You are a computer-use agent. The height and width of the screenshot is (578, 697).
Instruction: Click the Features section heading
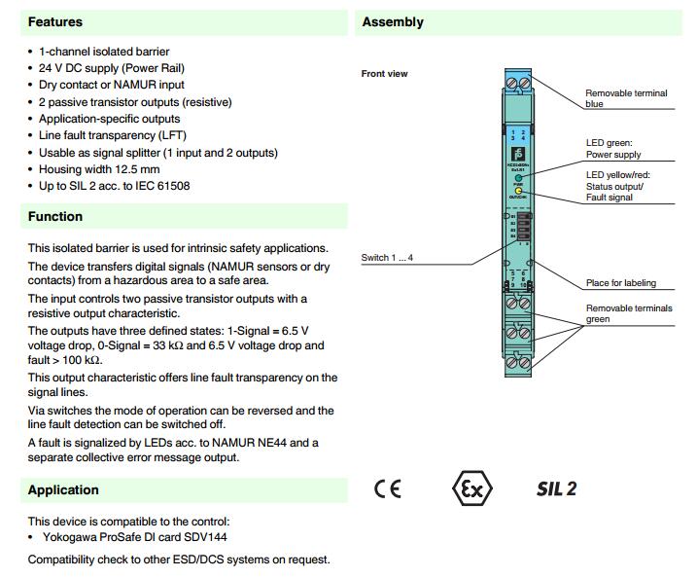[55, 21]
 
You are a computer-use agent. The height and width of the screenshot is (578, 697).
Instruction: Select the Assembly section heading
[393, 21]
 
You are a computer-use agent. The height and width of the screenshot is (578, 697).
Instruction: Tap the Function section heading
[55, 216]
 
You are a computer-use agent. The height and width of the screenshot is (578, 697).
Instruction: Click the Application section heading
[63, 489]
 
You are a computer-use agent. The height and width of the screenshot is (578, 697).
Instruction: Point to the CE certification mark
[387, 488]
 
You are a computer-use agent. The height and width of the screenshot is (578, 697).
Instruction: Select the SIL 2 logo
[556, 488]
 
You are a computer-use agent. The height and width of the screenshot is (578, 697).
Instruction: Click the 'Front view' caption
[384, 74]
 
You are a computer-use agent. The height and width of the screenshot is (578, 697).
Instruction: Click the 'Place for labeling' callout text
[620, 283]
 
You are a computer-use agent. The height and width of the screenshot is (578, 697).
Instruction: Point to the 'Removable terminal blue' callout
[625, 98]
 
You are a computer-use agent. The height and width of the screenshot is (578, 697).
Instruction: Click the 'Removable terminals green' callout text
[628, 313]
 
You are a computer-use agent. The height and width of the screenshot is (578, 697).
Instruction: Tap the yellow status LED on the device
[519, 192]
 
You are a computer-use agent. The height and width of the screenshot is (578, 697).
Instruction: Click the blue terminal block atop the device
[518, 84]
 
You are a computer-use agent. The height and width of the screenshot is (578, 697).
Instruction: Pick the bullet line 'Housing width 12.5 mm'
[100, 169]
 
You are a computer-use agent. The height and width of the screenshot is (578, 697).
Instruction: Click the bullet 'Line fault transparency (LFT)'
[113, 135]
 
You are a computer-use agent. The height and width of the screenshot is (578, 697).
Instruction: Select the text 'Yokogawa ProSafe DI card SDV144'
[136, 536]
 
